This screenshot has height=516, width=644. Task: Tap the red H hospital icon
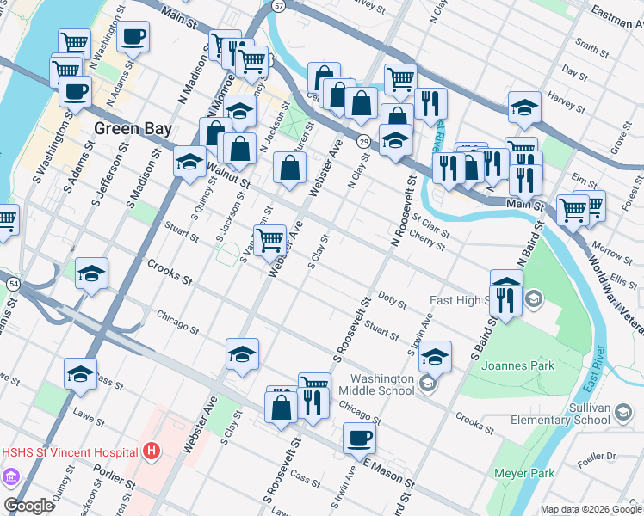point(152,451)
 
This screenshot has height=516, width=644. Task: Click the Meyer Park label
point(523,473)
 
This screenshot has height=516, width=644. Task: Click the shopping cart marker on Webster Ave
point(269,240)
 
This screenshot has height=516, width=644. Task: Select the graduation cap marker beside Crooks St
point(91,273)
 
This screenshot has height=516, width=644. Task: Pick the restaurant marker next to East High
point(505,299)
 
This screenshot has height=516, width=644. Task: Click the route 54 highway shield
point(12,283)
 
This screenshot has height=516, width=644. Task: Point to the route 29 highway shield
point(365,140)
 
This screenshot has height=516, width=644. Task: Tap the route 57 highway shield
point(277,5)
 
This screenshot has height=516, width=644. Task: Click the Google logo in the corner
point(28,506)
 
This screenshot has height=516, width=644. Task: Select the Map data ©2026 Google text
point(590,509)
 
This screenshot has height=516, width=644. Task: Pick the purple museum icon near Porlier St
point(11,476)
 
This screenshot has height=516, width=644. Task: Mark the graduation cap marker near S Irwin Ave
point(436,357)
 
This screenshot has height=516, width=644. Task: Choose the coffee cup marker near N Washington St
point(133,37)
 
